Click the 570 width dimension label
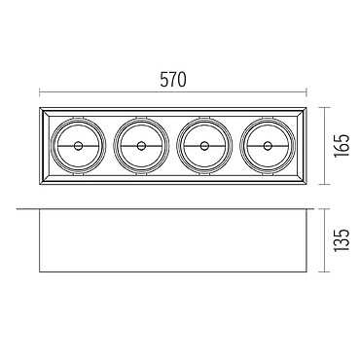(173, 80)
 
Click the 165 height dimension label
(342, 146)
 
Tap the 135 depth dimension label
(342, 240)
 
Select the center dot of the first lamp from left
(78, 146)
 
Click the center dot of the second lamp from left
(141, 146)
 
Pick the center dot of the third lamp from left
(204, 146)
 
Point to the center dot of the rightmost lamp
(268, 146)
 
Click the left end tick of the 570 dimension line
(40, 92)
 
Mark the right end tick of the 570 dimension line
(306, 92)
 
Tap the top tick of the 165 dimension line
(324, 107)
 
